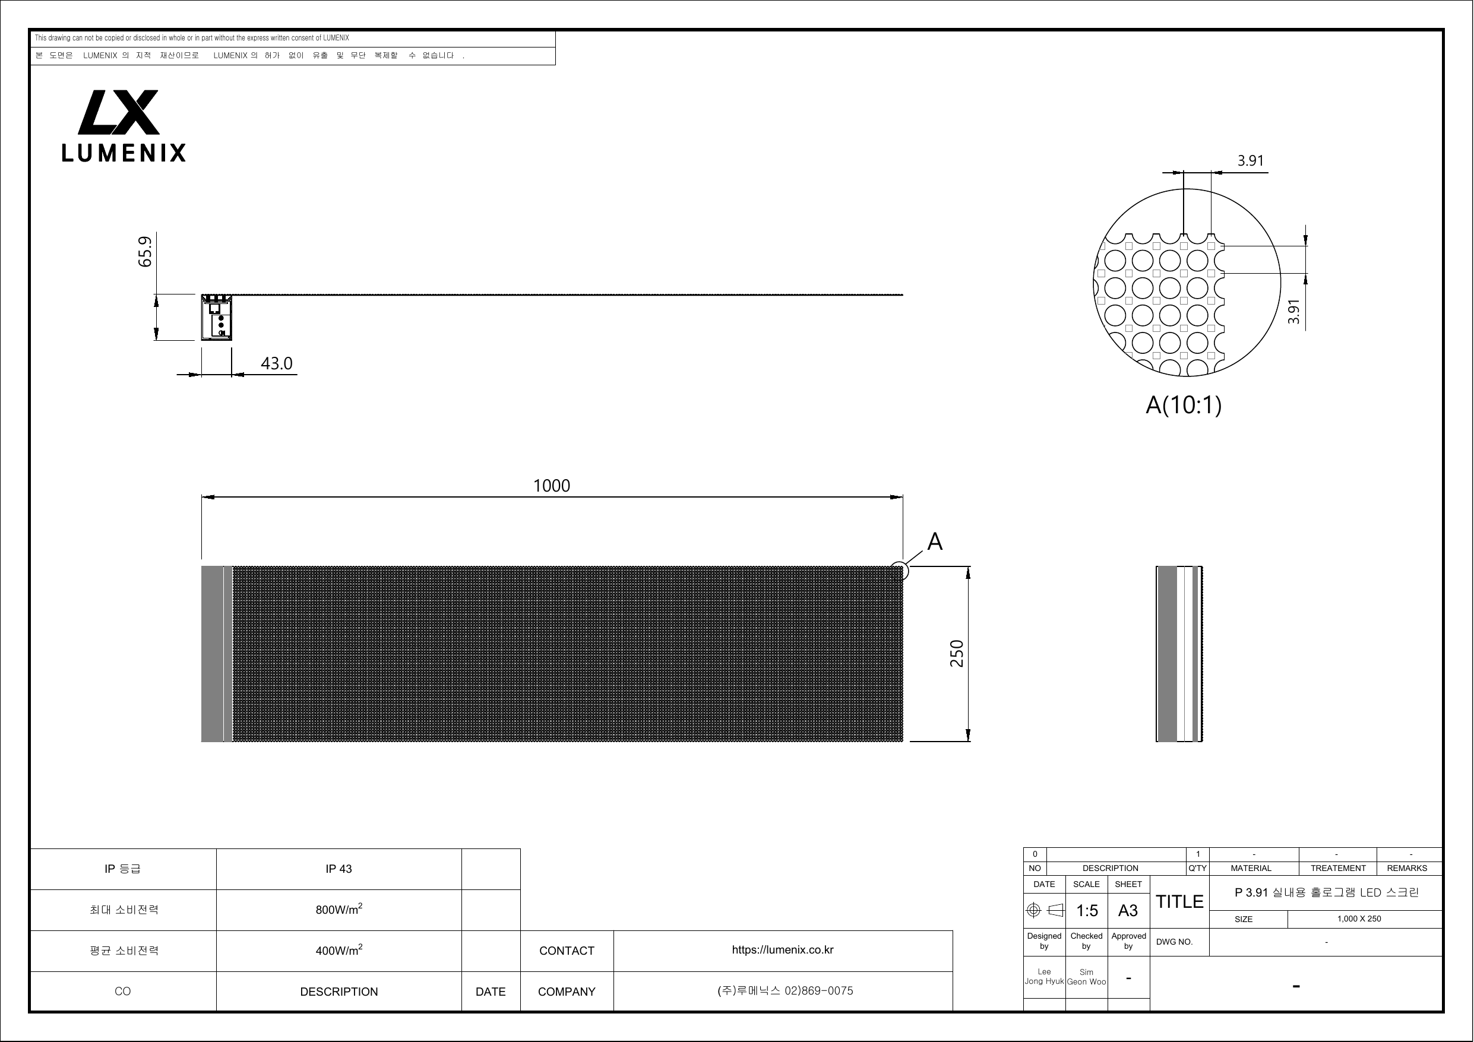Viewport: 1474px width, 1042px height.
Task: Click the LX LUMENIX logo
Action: [x=124, y=126]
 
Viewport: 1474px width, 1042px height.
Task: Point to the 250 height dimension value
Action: [x=957, y=654]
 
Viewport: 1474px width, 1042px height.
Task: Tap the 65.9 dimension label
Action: [x=146, y=252]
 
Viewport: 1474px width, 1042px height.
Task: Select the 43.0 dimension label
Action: [x=277, y=363]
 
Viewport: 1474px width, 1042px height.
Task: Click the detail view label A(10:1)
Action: [x=1183, y=405]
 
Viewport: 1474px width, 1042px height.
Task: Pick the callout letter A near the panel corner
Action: [x=935, y=542]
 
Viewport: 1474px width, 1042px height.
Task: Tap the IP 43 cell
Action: [x=339, y=869]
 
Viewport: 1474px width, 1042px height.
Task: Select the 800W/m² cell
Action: [x=339, y=909]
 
